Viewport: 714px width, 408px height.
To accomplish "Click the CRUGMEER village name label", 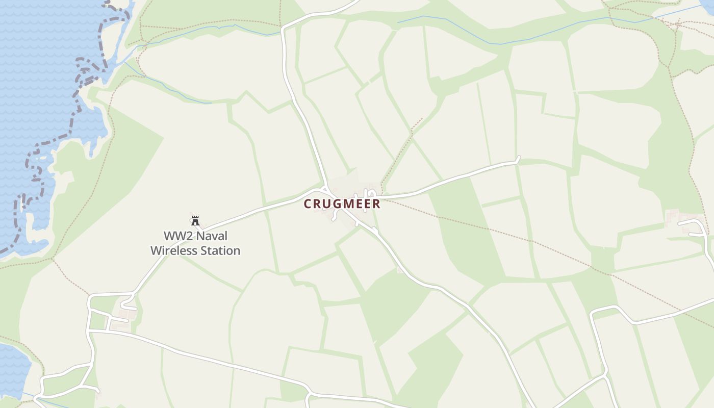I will [x=342, y=204].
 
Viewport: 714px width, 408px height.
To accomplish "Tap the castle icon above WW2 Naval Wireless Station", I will [x=195, y=221].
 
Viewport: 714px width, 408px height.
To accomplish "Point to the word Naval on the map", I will [x=211, y=236].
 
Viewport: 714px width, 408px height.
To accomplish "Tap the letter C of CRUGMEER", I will [x=308, y=204].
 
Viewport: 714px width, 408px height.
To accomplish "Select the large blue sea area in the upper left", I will [x=41, y=76].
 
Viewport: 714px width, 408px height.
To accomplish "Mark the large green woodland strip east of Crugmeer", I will [x=459, y=229].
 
